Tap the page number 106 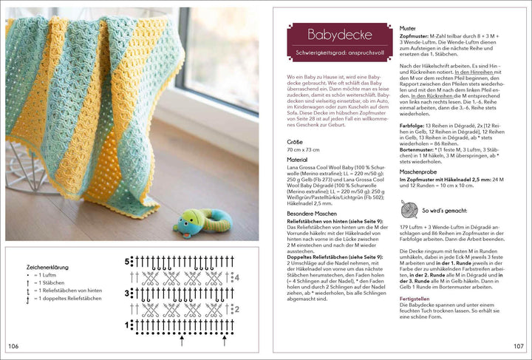point(13,346)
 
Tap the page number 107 point(518,346)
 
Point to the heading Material point(298,180)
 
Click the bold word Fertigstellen point(415,299)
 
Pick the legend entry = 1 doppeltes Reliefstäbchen point(65,299)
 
